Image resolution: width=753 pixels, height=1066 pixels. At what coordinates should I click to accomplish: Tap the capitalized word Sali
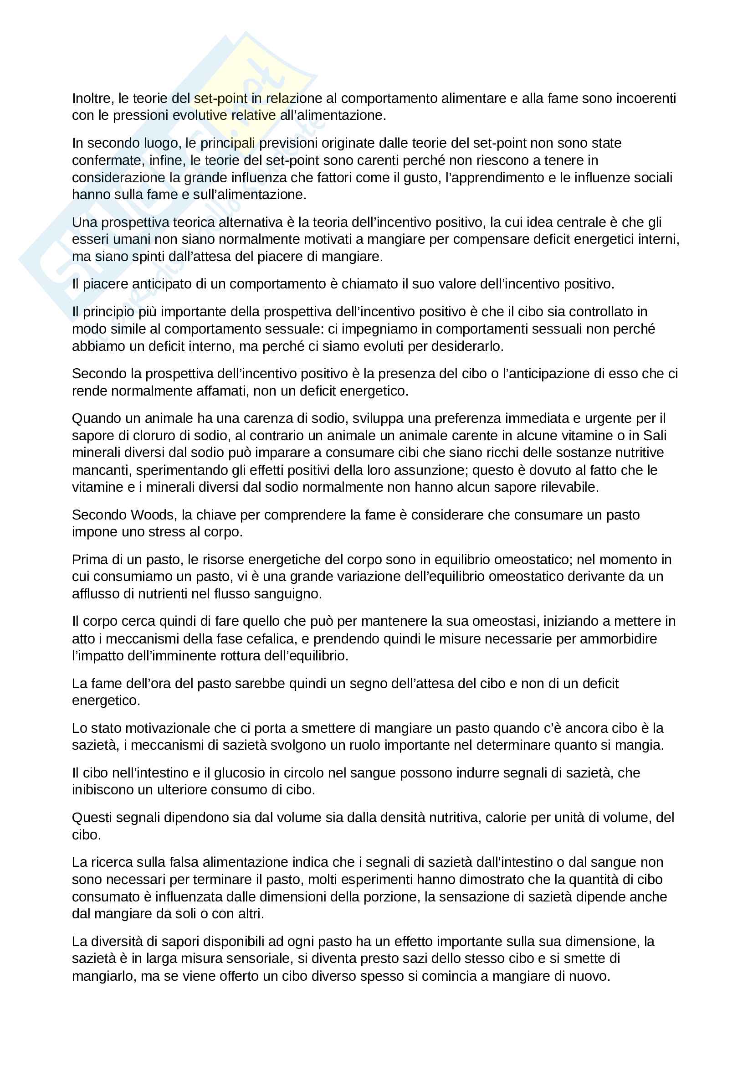click(654, 436)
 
